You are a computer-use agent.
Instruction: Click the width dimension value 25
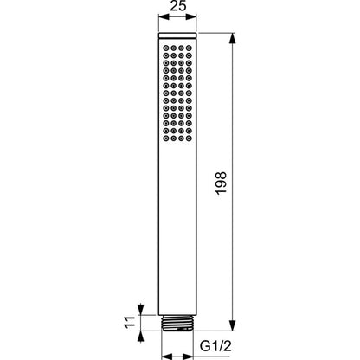pos(178,6)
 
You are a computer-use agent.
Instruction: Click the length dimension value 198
pos(222,183)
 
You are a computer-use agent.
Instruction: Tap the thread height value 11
pos(130,322)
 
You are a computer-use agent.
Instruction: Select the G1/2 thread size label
pos(215,346)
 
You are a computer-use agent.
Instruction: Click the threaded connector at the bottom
pos(177,323)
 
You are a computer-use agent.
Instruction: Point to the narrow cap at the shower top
pos(177,35)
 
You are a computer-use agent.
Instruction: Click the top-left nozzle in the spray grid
pos(166,48)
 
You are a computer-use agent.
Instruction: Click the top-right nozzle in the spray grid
pos(189,48)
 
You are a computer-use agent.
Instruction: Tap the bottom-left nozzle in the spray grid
pos(166,138)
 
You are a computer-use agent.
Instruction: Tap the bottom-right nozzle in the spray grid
pos(189,138)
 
